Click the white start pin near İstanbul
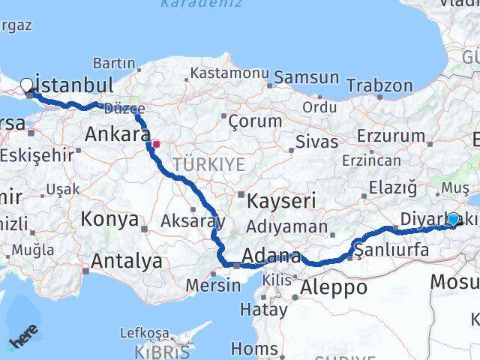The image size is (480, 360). pyautogui.click(x=27, y=85)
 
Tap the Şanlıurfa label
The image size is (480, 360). pyautogui.click(x=392, y=250)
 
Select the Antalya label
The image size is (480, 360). pyautogui.click(x=126, y=261)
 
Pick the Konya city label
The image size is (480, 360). pyautogui.click(x=110, y=220)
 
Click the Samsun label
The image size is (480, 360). pyautogui.click(x=306, y=77)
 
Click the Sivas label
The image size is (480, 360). pyautogui.click(x=313, y=140)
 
